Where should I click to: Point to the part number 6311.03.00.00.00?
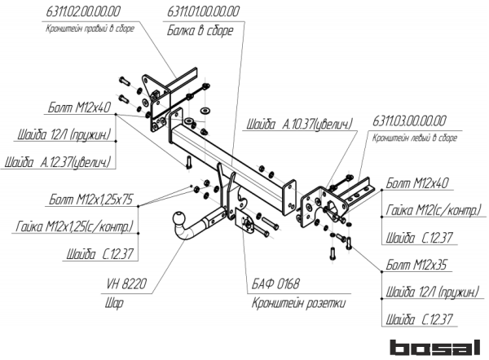point(411,121)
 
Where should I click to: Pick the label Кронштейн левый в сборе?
point(415,138)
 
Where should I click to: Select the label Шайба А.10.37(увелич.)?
point(298,125)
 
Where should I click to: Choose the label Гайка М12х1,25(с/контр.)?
point(73,226)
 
